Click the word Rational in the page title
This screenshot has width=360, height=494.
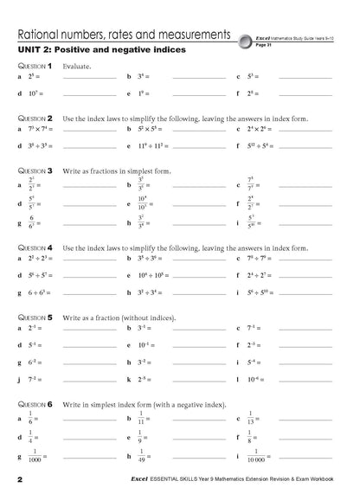(x=39, y=35)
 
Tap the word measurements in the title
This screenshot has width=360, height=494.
(x=192, y=35)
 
